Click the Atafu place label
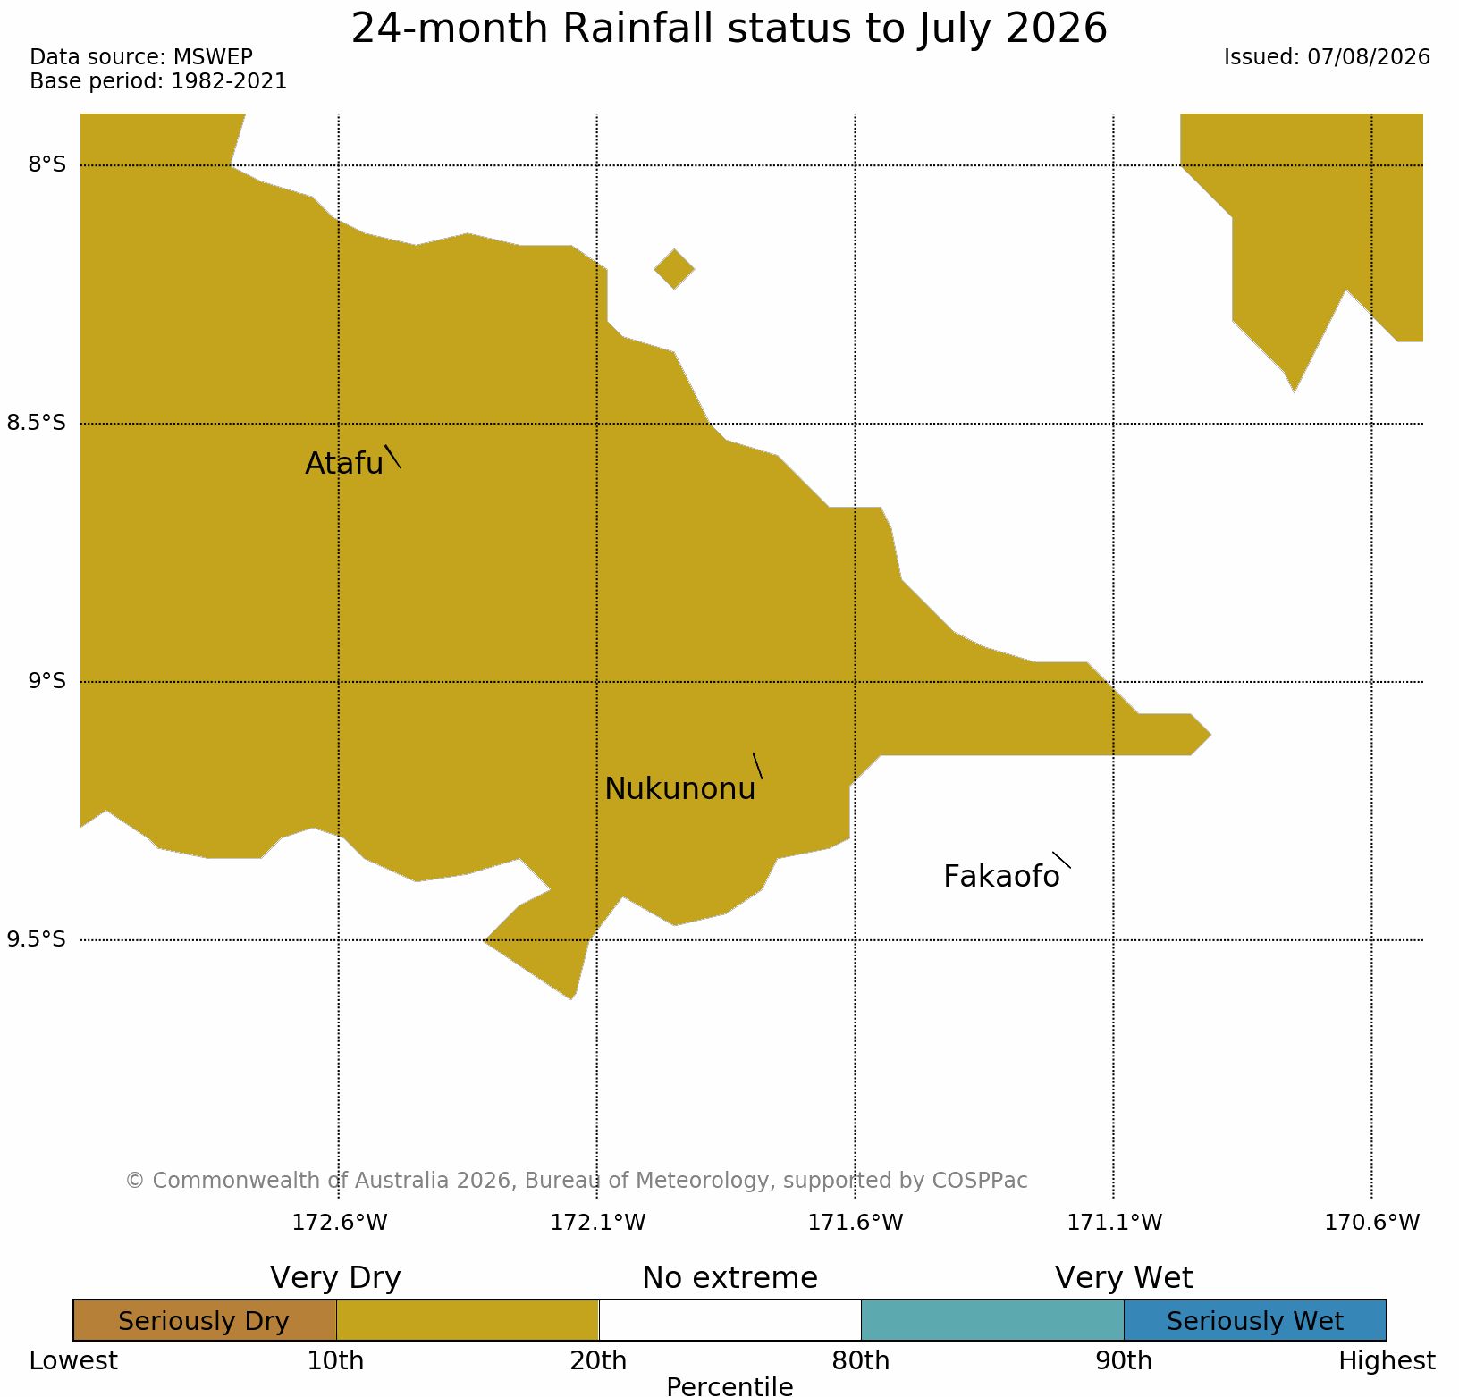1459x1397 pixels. coord(344,463)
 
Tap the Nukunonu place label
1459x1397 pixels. coord(680,789)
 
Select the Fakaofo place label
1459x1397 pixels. coord(1001,877)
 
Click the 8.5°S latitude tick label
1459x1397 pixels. coord(37,423)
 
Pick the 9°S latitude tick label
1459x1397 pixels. coord(46,681)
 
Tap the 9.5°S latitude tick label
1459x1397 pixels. coord(37,939)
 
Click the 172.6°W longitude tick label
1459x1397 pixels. coord(340,1222)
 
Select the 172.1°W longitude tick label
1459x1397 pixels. coord(598,1222)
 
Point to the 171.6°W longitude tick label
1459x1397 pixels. coord(856,1222)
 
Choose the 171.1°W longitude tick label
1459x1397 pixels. coord(1115,1222)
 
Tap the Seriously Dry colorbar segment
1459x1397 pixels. coord(205,1320)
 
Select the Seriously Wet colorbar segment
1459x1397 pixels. coord(1255,1320)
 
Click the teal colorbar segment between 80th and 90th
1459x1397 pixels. coord(992,1320)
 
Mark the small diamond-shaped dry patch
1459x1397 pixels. coord(674,269)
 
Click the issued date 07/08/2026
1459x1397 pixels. coord(1369,57)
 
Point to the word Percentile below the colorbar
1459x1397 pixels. coord(729,1386)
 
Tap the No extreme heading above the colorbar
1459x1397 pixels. coord(729,1278)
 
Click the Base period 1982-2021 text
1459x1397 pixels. coord(158,81)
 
